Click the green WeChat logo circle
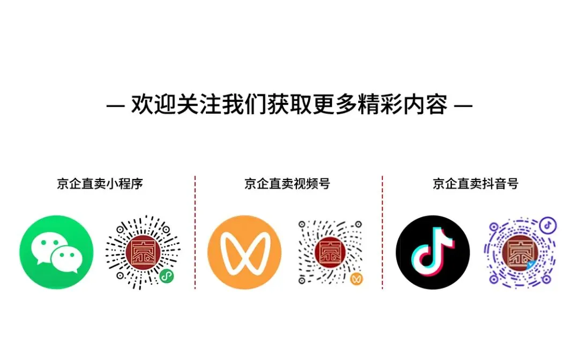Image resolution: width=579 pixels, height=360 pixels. point(56,252)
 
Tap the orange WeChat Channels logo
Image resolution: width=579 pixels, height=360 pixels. point(244,252)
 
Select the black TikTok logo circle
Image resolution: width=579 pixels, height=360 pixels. point(432,252)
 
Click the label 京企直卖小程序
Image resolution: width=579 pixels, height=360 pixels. point(100,184)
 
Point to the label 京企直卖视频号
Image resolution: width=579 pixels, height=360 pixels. point(287,184)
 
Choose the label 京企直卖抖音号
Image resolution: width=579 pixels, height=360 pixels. point(476,184)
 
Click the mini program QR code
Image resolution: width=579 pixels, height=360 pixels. point(143,252)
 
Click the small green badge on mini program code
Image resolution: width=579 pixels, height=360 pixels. point(167,276)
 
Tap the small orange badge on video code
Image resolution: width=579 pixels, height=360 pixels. point(356,279)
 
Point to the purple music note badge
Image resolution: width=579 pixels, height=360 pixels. point(547,224)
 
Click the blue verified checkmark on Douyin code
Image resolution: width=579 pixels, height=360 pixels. point(531,265)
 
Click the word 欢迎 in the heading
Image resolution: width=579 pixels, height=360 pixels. point(147,104)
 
